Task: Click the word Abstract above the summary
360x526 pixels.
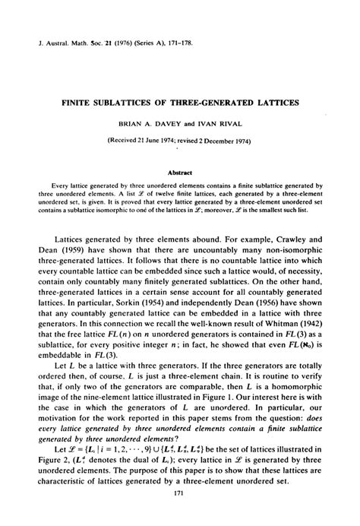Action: pyautogui.click(x=179, y=172)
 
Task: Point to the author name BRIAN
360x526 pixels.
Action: pyautogui.click(x=131, y=122)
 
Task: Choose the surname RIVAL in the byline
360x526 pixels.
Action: pyautogui.click(x=225, y=122)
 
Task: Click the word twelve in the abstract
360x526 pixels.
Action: pyautogui.click(x=134, y=195)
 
